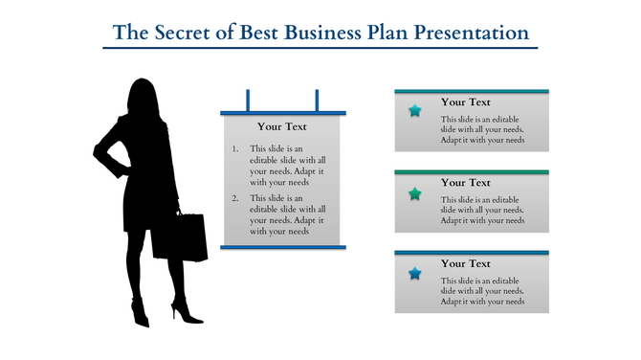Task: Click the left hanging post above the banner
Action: (x=249, y=100)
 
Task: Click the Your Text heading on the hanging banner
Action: (x=282, y=126)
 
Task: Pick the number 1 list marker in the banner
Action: (x=235, y=149)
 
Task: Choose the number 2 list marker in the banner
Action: (x=235, y=198)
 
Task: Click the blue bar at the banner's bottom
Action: (x=282, y=247)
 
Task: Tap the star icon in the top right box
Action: (x=414, y=111)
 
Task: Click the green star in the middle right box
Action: (x=414, y=193)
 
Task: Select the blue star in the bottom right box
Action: (x=414, y=274)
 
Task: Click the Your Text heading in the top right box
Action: (x=466, y=101)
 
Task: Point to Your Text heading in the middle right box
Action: (x=466, y=183)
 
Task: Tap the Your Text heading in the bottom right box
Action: (x=466, y=263)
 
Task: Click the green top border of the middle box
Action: (x=472, y=172)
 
